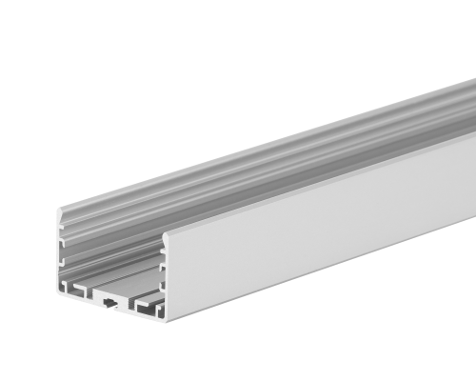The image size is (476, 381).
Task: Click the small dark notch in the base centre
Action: click(112, 304)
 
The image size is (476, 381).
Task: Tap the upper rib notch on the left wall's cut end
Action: click(64, 229)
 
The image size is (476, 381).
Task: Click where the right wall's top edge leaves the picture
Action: click(473, 134)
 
